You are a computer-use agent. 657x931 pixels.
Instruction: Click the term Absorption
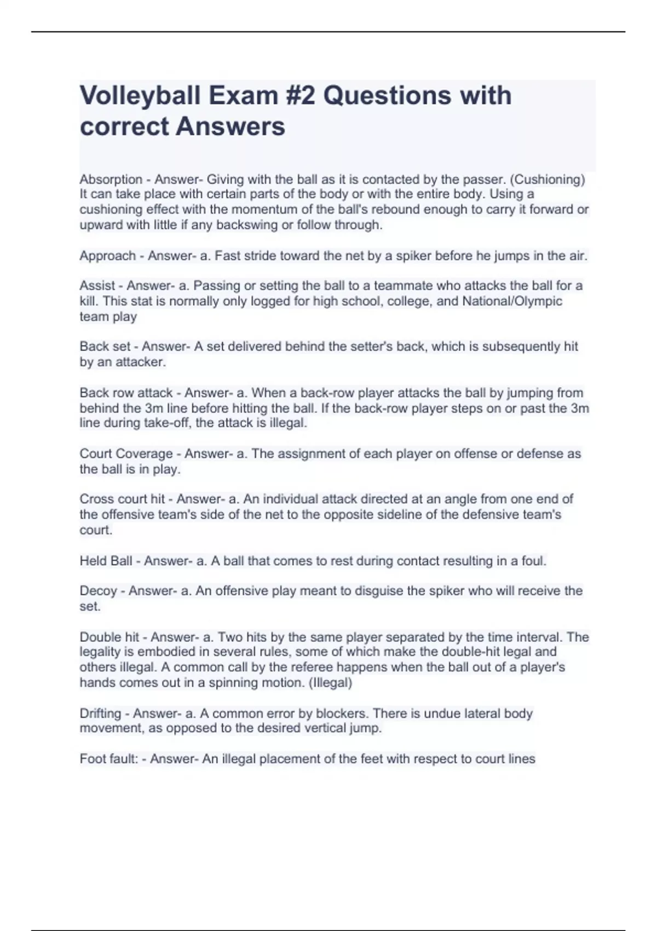click(x=111, y=180)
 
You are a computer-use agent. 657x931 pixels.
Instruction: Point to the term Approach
click(x=107, y=256)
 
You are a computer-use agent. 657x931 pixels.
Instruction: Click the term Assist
click(x=97, y=286)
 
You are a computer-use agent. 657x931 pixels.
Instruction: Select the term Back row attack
click(x=126, y=393)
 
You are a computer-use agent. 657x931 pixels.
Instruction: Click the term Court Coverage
click(x=126, y=454)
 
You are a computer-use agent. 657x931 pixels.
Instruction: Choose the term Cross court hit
click(x=122, y=499)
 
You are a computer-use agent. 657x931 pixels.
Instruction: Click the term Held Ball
click(x=106, y=561)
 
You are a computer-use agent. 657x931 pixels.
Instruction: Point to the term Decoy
click(x=98, y=591)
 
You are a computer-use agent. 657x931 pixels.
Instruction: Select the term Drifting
click(x=100, y=714)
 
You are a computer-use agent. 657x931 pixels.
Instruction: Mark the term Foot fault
click(x=108, y=759)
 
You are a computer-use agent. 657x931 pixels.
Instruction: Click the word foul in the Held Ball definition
click(x=533, y=561)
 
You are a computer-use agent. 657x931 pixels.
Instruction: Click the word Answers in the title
click(x=230, y=127)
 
